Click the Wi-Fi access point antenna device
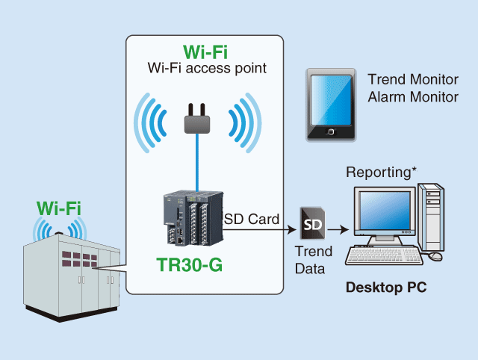click(x=198, y=120)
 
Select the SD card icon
click(x=312, y=223)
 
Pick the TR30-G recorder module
click(x=192, y=220)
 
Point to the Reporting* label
click(x=382, y=172)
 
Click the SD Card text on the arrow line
click(x=252, y=219)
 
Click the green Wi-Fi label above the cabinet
click(x=58, y=207)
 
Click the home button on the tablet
click(x=329, y=134)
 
